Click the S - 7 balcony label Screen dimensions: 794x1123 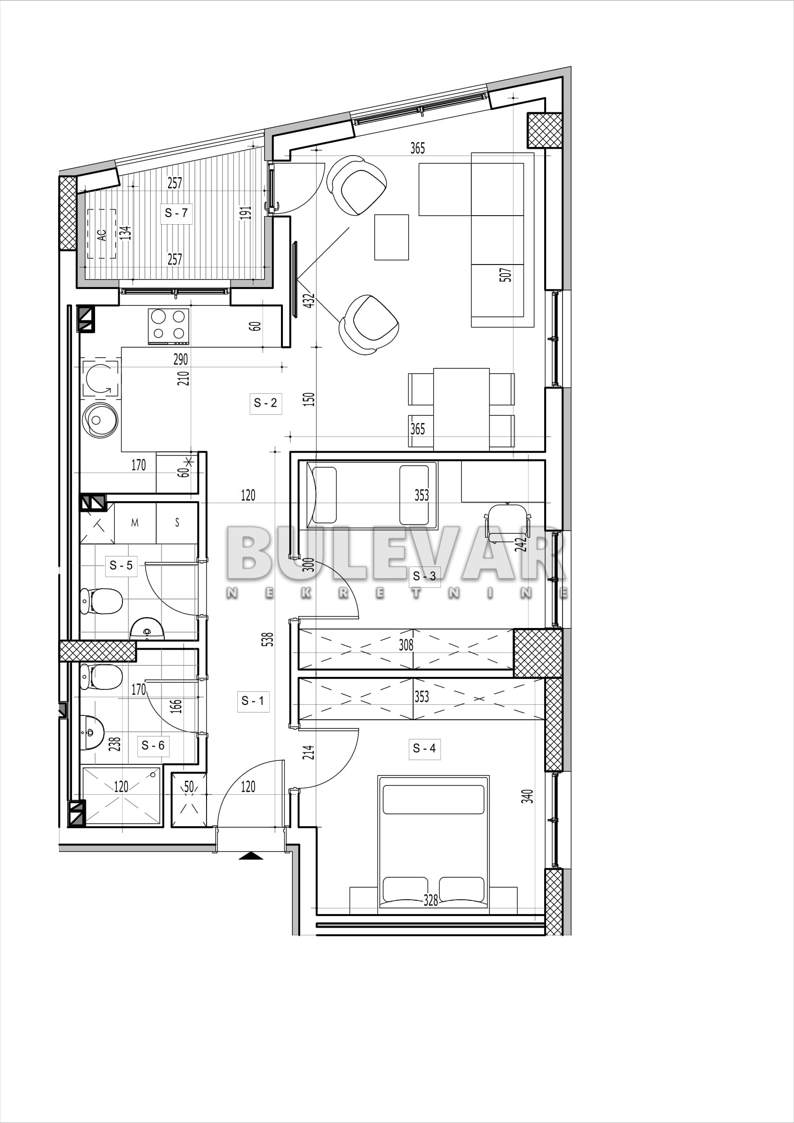point(176,213)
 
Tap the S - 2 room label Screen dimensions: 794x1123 point(266,403)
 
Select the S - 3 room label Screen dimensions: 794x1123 point(424,576)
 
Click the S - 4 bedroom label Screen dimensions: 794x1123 point(424,748)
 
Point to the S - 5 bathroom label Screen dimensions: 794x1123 point(122,566)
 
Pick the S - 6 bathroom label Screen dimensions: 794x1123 point(153,746)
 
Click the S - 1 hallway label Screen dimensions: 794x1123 point(253,701)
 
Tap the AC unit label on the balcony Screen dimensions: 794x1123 point(102,235)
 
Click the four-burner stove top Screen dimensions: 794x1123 point(168,326)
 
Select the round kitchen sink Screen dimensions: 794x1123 point(100,420)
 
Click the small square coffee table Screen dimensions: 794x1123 point(391,237)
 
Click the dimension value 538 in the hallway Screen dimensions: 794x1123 point(267,639)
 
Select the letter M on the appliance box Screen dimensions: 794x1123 point(135,523)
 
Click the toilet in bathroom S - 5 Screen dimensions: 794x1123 point(101,601)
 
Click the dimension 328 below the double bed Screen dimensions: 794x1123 point(430,900)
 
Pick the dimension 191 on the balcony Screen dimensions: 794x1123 point(245,213)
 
